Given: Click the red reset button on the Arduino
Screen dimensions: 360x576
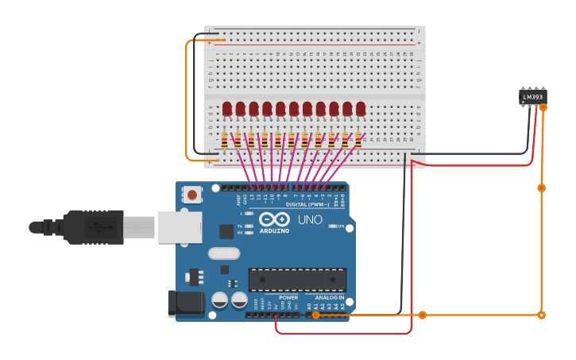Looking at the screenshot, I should [192, 194].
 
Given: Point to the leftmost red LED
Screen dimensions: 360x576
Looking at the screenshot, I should [227, 108].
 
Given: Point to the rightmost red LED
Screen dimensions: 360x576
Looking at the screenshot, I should [361, 108].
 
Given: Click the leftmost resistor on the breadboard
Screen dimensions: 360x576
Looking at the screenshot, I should [225, 141].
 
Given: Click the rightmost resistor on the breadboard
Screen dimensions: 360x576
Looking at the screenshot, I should [358, 141].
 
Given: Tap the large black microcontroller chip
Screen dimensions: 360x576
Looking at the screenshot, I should [297, 280].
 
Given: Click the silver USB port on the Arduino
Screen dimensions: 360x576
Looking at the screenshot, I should [179, 227].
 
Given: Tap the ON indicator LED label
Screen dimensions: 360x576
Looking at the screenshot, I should [340, 226].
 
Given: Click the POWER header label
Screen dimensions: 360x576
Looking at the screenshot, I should [288, 297].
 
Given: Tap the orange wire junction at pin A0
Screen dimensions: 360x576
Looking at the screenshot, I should [315, 315].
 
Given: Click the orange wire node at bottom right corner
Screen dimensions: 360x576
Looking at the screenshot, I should [541, 315].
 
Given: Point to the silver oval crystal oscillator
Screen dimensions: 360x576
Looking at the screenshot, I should [223, 254].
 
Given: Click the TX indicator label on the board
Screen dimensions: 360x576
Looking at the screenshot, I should [240, 226].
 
